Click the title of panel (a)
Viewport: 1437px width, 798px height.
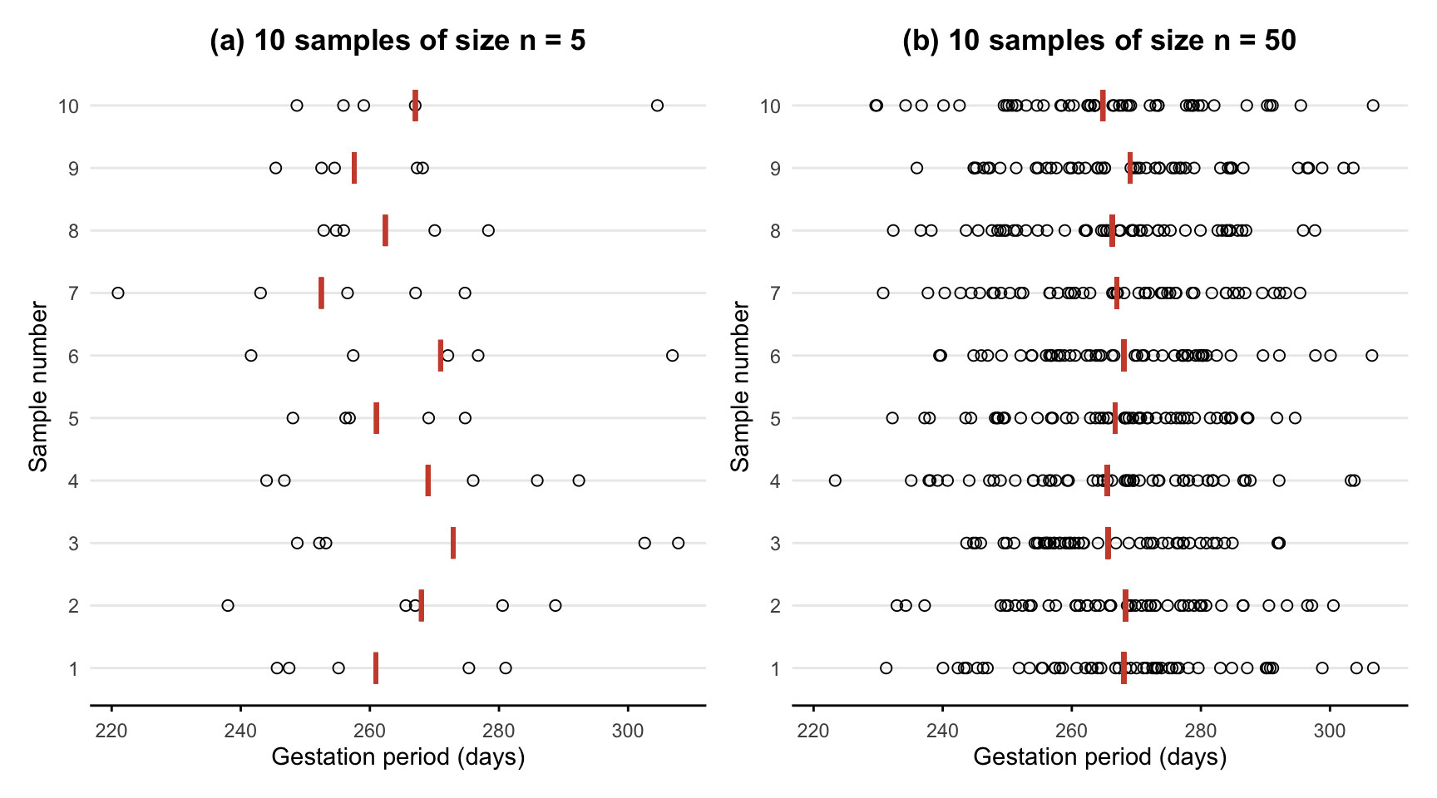pos(398,41)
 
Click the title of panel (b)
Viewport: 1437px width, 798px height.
pos(1099,41)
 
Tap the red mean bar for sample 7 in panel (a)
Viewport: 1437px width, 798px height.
pos(322,293)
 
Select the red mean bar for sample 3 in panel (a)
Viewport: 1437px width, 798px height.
pos(453,543)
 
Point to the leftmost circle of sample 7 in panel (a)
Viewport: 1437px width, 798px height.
pos(118,293)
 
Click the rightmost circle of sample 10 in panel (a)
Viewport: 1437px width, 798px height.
pos(657,106)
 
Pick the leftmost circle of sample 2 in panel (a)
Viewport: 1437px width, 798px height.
pos(228,605)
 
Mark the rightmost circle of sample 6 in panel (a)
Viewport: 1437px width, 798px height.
pos(672,356)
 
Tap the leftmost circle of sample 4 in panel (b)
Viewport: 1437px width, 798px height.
pos(835,480)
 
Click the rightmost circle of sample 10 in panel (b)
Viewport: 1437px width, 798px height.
pos(1373,106)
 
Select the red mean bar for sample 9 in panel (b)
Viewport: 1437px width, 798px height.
pos(1130,168)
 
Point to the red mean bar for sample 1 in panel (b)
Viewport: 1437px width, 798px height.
pos(1124,667)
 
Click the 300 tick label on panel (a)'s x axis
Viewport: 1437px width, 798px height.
pos(628,731)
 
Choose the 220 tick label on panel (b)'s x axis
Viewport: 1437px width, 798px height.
pos(813,731)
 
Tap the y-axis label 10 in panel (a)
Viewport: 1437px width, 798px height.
pos(68,106)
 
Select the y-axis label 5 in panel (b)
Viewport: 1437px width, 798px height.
pos(775,419)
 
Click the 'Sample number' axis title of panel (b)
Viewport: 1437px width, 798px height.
pos(740,387)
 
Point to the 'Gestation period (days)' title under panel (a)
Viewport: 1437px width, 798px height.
pos(398,757)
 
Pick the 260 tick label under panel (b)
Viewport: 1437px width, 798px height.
pos(1071,731)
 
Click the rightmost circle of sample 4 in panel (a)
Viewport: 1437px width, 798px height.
pos(579,480)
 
